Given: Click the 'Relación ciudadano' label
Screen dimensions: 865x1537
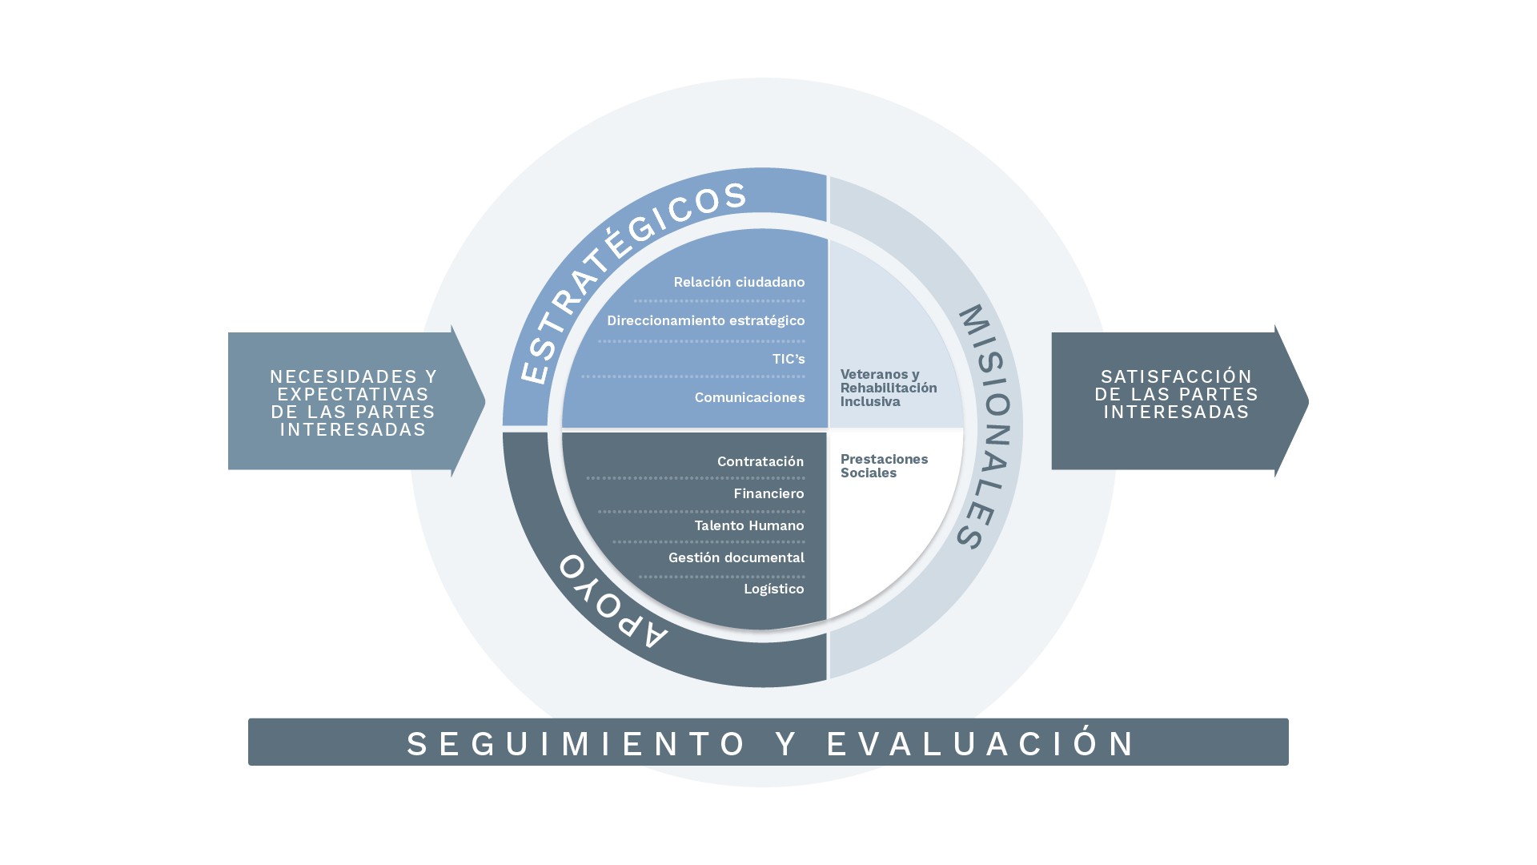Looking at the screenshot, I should [x=739, y=283].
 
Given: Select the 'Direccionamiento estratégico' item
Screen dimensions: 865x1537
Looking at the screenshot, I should [x=705, y=321].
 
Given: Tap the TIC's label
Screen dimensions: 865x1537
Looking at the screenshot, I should [x=789, y=360].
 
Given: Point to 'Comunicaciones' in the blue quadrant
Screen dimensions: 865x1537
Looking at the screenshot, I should [x=749, y=398].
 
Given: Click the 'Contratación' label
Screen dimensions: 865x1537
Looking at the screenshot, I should [x=760, y=462].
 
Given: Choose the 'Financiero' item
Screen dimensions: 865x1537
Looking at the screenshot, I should [x=768, y=494].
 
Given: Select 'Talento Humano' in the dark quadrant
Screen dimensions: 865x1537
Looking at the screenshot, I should [x=748, y=526].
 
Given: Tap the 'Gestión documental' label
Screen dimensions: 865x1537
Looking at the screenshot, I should [x=736, y=558].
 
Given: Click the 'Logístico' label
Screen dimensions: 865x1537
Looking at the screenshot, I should [x=773, y=589].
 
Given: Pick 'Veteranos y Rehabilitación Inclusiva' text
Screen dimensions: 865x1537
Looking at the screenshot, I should [x=888, y=388].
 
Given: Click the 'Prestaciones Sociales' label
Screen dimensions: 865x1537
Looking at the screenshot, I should [x=884, y=466].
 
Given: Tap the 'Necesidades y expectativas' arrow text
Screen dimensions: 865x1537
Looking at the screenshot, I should [x=353, y=403].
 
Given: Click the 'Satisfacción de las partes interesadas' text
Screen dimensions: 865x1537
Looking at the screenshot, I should [x=1176, y=395].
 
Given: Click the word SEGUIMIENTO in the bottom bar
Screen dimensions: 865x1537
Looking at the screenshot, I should [x=576, y=744].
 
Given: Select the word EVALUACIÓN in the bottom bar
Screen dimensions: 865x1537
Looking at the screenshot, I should [x=981, y=744].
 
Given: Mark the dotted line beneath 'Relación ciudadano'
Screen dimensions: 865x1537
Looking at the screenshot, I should [x=719, y=302].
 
